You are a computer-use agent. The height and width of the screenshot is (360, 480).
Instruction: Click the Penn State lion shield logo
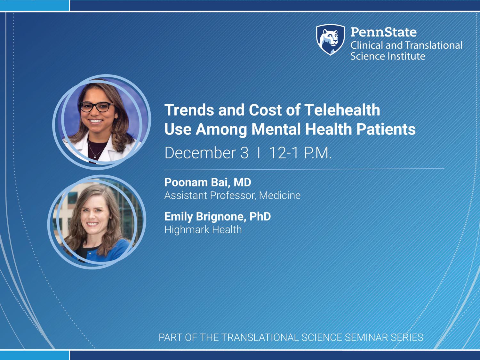point(331,40)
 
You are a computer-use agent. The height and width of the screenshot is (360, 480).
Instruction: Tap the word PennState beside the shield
point(384,32)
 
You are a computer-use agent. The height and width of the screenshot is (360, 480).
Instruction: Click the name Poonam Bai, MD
point(208,182)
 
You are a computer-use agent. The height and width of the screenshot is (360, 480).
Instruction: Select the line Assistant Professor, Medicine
point(232,196)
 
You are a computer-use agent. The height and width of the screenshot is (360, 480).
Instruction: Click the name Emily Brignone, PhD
point(218,217)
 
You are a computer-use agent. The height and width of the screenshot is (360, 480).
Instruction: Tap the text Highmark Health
point(203,230)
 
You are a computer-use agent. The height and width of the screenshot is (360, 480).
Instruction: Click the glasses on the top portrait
point(97,107)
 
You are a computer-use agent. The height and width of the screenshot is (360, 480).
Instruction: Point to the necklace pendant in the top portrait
point(95,157)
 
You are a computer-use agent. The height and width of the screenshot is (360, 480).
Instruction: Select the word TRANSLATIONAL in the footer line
point(260,338)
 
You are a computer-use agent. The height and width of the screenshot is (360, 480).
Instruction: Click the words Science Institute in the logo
point(388,56)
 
